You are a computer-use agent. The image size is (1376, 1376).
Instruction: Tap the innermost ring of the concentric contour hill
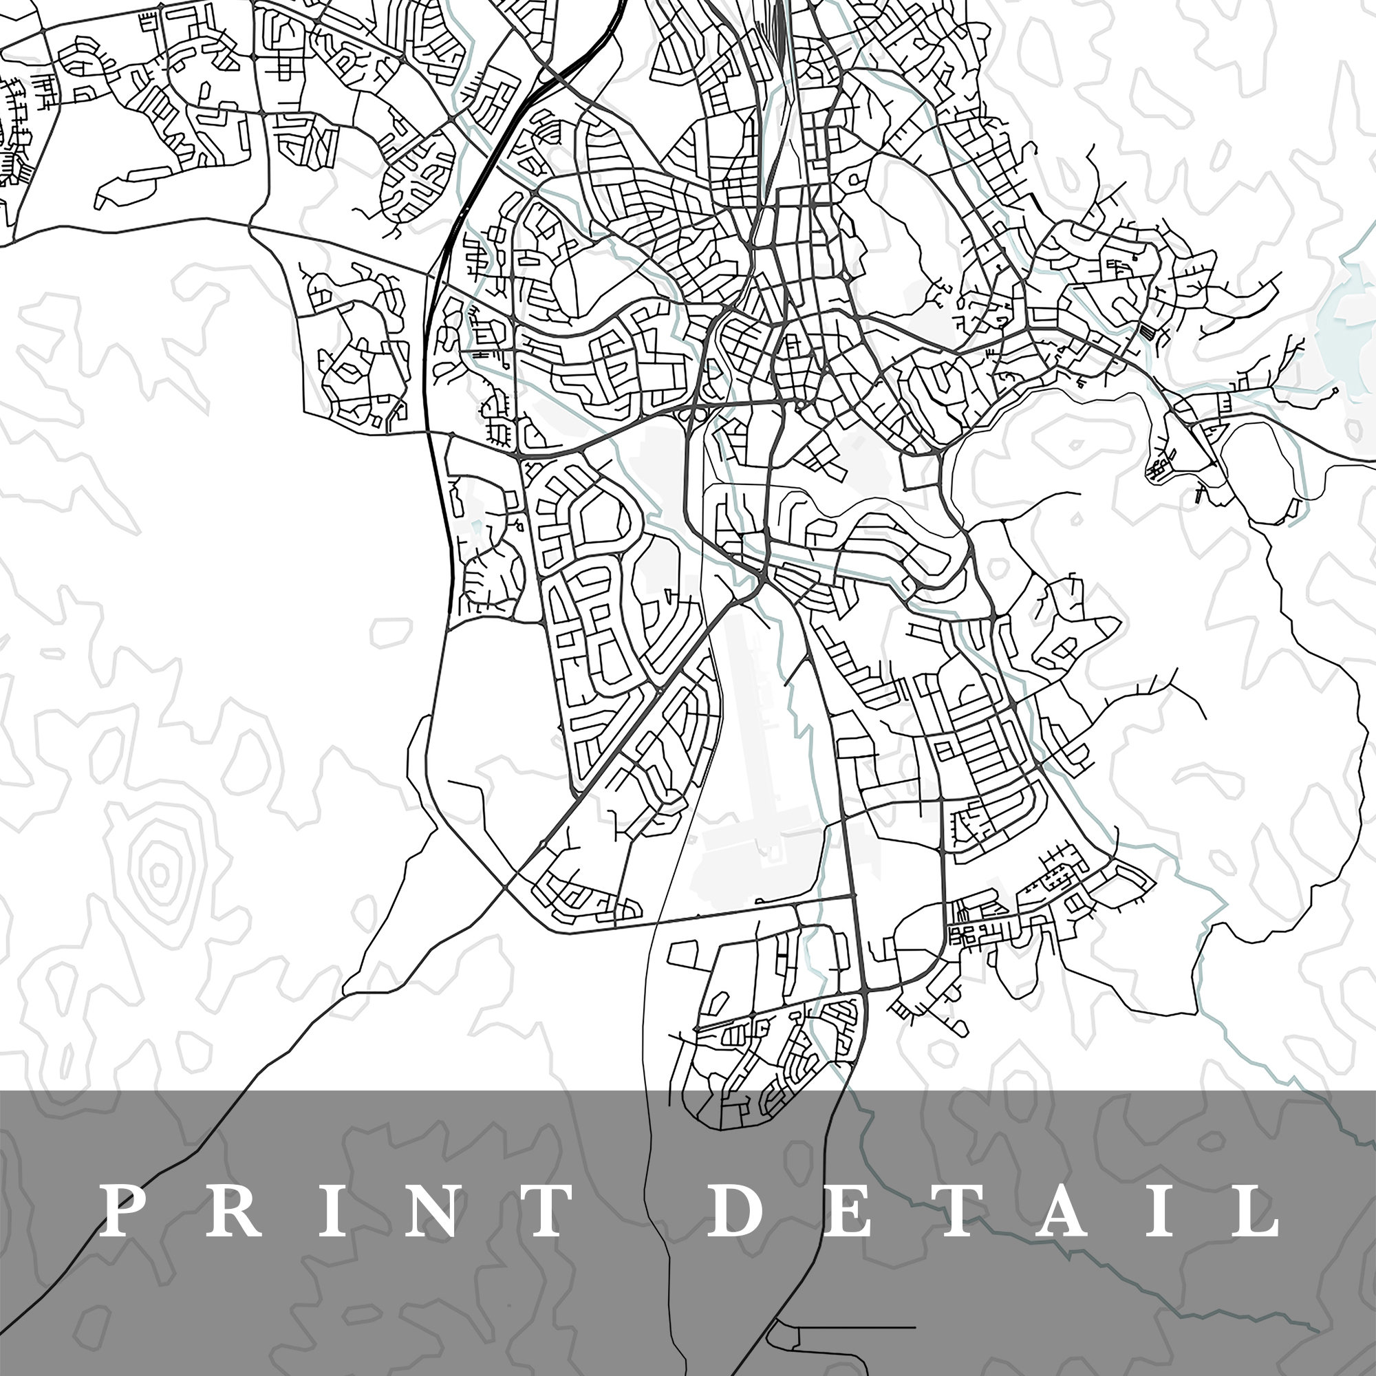(159, 873)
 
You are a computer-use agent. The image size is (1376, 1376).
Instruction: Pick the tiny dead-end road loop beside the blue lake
(1334, 390)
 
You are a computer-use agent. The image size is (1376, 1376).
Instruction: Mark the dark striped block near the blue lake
(1148, 330)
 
